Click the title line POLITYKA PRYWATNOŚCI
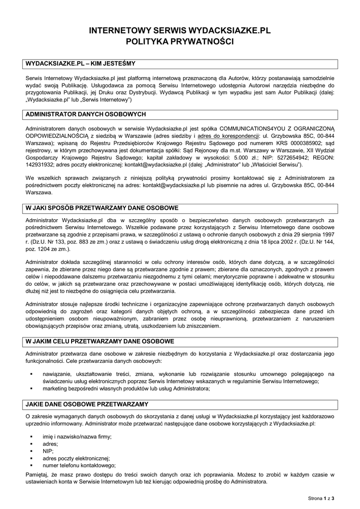click(180, 42)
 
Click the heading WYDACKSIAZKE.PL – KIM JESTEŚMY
click(80, 64)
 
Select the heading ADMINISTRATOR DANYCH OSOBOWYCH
click(85, 114)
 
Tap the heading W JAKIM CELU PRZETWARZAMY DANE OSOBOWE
click(99, 341)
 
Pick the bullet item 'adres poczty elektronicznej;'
click(77, 458)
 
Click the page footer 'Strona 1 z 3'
click(321, 498)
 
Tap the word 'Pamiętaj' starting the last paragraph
click(38, 475)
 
